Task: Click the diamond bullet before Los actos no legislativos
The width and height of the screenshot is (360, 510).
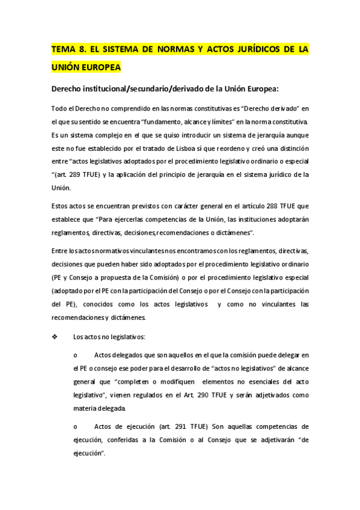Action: coord(55,337)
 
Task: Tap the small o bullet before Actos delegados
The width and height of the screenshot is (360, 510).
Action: coord(75,356)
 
